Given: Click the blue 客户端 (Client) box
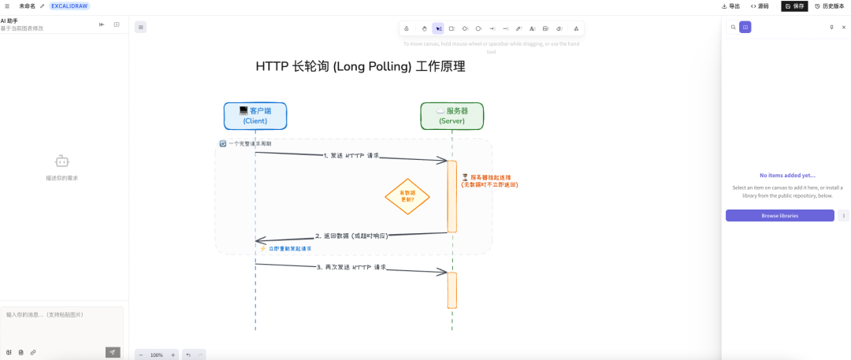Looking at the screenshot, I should pos(255,116).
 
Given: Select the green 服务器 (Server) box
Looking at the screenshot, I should pos(452,116).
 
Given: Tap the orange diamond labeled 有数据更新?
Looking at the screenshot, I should pos(407,196).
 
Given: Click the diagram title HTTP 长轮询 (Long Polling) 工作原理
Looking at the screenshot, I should pos(360,66).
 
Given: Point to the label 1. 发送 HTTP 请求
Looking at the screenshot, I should pos(351,156).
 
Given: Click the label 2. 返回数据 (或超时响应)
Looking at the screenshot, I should pos(351,236).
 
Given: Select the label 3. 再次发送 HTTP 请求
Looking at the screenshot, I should pos(351,267).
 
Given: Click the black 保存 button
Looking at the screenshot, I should pos(794,6).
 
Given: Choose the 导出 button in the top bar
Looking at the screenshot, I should pos(730,6).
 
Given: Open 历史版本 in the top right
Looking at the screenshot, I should pos(829,6).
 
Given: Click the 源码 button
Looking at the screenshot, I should pos(760,6).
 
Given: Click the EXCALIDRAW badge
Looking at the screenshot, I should pos(69,6).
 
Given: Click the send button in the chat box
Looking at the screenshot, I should pos(113,352).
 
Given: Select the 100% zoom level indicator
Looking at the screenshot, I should pos(157,354).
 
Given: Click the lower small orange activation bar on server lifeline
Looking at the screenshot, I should pos(452,290).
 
